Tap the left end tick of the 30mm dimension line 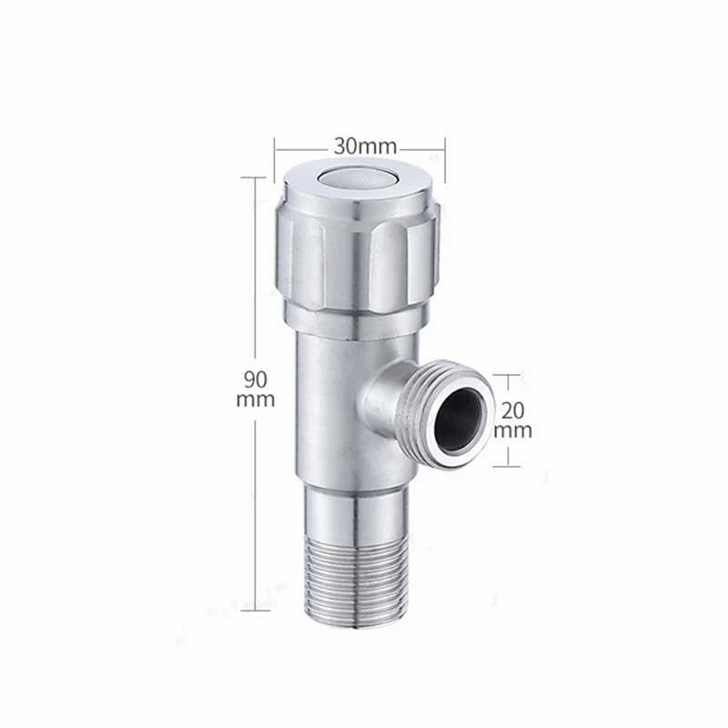(276, 146)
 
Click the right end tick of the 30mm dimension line (443, 146)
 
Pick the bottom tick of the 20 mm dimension (508, 464)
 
